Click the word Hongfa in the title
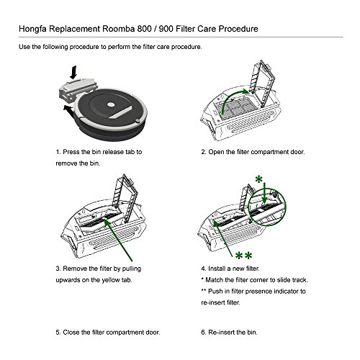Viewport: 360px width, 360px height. (x=32, y=29)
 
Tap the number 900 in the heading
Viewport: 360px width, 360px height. (x=166, y=29)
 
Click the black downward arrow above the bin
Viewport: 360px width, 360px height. (x=73, y=72)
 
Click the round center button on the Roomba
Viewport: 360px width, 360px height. (x=111, y=104)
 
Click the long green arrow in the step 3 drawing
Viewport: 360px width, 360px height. (x=118, y=240)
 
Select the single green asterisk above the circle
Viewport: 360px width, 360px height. (x=258, y=179)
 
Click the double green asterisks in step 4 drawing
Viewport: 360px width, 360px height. (x=243, y=256)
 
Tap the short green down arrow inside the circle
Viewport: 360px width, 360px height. (x=264, y=194)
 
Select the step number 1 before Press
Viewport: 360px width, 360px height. (x=58, y=152)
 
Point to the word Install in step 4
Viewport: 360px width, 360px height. (x=216, y=269)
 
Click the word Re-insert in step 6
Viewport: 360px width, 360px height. (x=221, y=333)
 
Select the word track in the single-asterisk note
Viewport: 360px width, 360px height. (x=300, y=280)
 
